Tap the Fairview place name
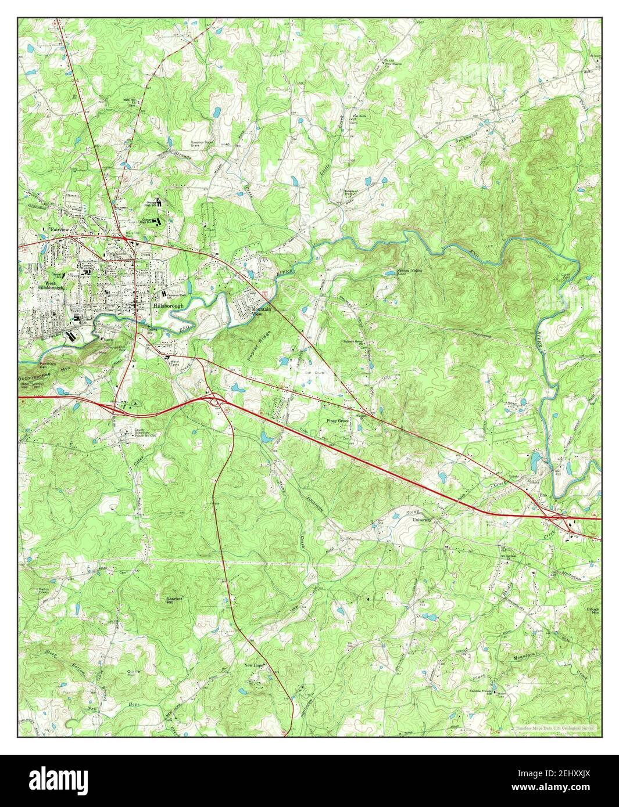click(59, 229)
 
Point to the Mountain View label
click(262, 312)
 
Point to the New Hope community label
click(254, 665)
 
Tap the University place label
click(422, 520)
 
